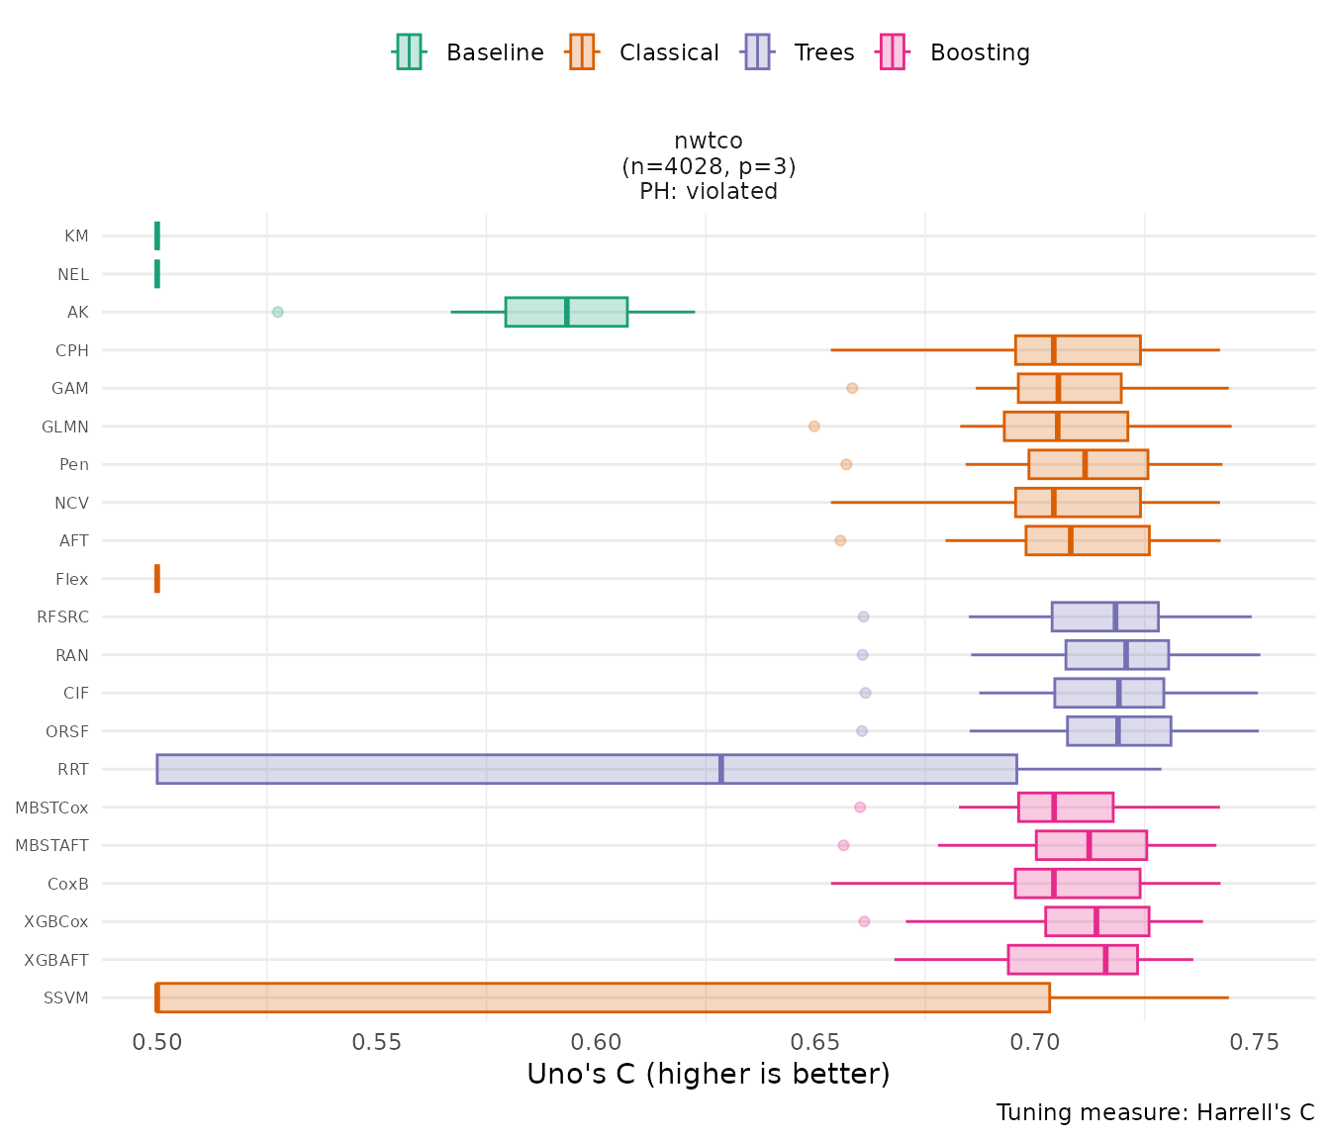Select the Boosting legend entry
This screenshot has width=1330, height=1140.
(x=955, y=52)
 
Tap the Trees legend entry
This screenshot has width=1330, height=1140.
(x=800, y=52)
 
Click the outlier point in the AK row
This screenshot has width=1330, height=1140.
(x=278, y=312)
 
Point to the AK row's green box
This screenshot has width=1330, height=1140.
(x=566, y=312)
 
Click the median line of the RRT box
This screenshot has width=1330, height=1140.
(x=721, y=769)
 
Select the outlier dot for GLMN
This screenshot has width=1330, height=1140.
(x=814, y=427)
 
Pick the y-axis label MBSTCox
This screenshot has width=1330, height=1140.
(x=51, y=807)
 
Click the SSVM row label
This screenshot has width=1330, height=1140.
(x=66, y=997)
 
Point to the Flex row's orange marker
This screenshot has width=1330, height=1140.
(x=157, y=579)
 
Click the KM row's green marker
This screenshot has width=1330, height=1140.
(x=157, y=236)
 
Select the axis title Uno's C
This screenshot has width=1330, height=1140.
(x=709, y=1075)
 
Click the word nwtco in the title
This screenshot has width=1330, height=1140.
(x=709, y=141)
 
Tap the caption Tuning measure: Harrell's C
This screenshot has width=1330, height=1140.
(x=1155, y=1112)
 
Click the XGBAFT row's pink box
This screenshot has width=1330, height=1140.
(x=1073, y=960)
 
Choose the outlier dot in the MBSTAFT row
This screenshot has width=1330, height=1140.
(x=843, y=845)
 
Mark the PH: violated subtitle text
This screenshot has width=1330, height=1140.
(x=709, y=191)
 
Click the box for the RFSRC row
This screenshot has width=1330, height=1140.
(x=1104, y=617)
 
